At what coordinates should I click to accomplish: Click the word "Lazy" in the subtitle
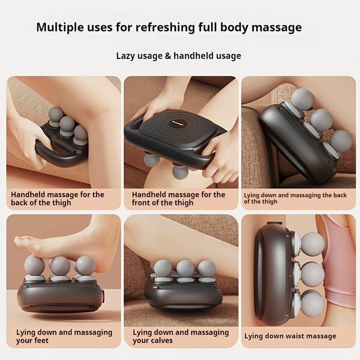[126, 56]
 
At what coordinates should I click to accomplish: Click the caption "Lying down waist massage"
[290, 336]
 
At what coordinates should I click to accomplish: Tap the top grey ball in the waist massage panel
[312, 244]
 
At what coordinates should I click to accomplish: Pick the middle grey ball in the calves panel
[185, 268]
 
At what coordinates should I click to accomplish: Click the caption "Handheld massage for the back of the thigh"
[57, 199]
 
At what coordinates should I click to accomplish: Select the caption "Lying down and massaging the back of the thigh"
[295, 198]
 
